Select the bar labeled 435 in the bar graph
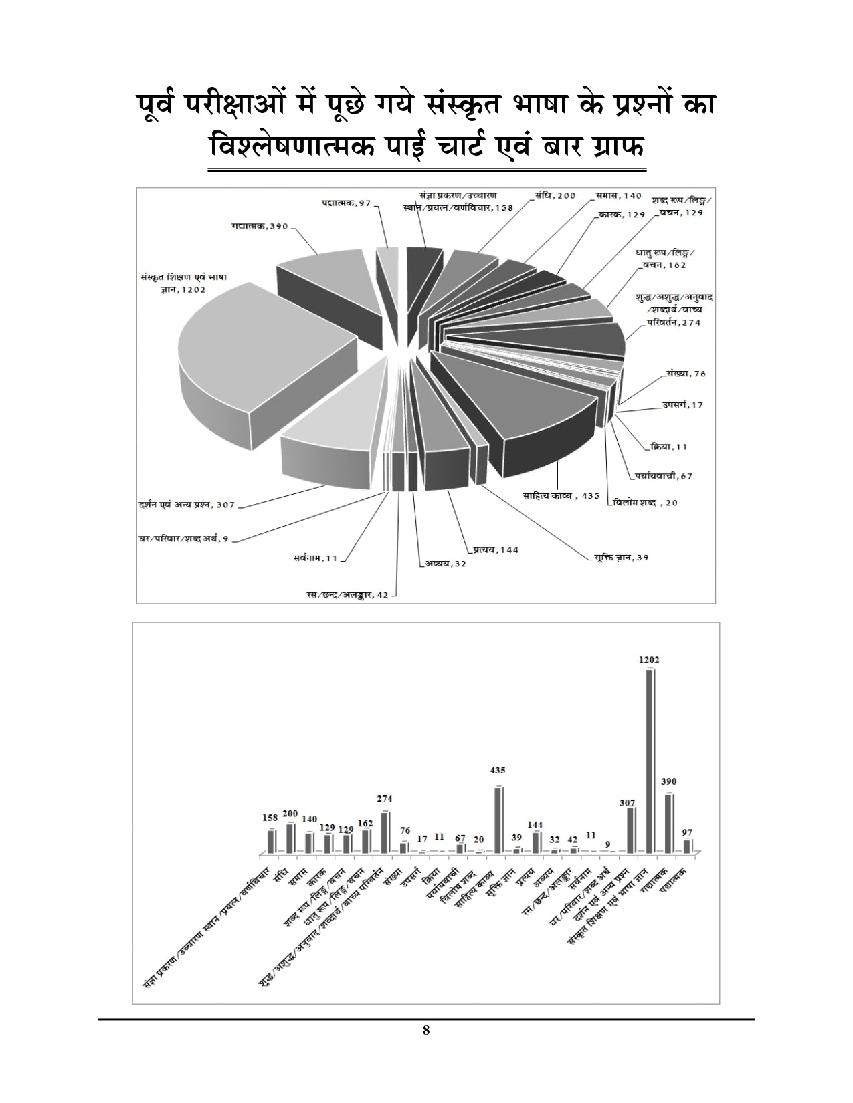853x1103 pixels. point(498,819)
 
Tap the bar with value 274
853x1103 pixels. point(385,832)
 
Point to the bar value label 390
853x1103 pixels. point(668,781)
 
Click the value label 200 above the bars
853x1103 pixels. point(290,813)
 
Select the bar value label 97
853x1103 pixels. point(688,832)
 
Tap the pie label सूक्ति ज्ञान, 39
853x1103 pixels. point(622,557)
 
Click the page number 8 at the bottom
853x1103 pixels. point(426,1048)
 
